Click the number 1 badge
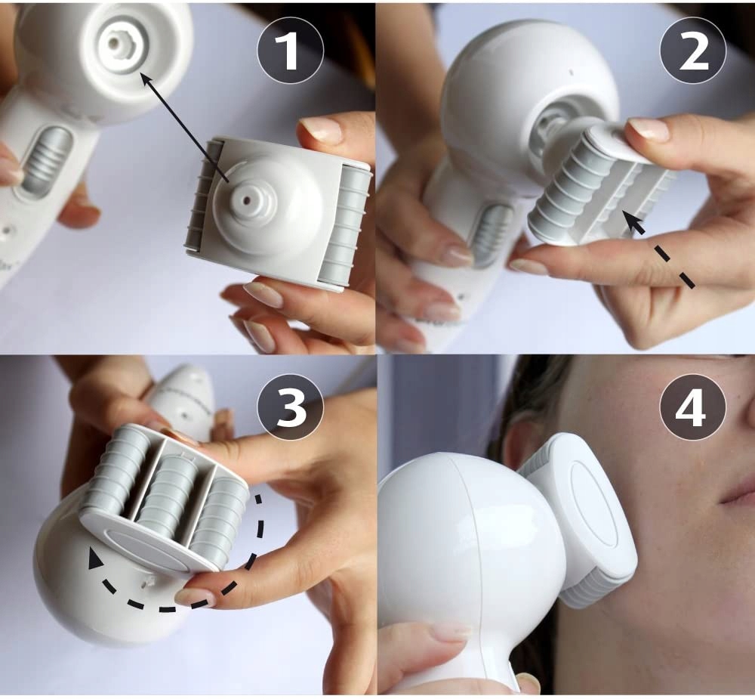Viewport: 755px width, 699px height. (x=291, y=51)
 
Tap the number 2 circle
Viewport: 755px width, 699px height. (x=693, y=51)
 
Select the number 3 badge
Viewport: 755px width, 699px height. (x=291, y=407)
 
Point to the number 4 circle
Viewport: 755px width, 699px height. (x=693, y=407)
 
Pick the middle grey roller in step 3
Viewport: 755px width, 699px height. (x=168, y=490)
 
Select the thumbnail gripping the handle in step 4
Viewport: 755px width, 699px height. (x=451, y=631)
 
